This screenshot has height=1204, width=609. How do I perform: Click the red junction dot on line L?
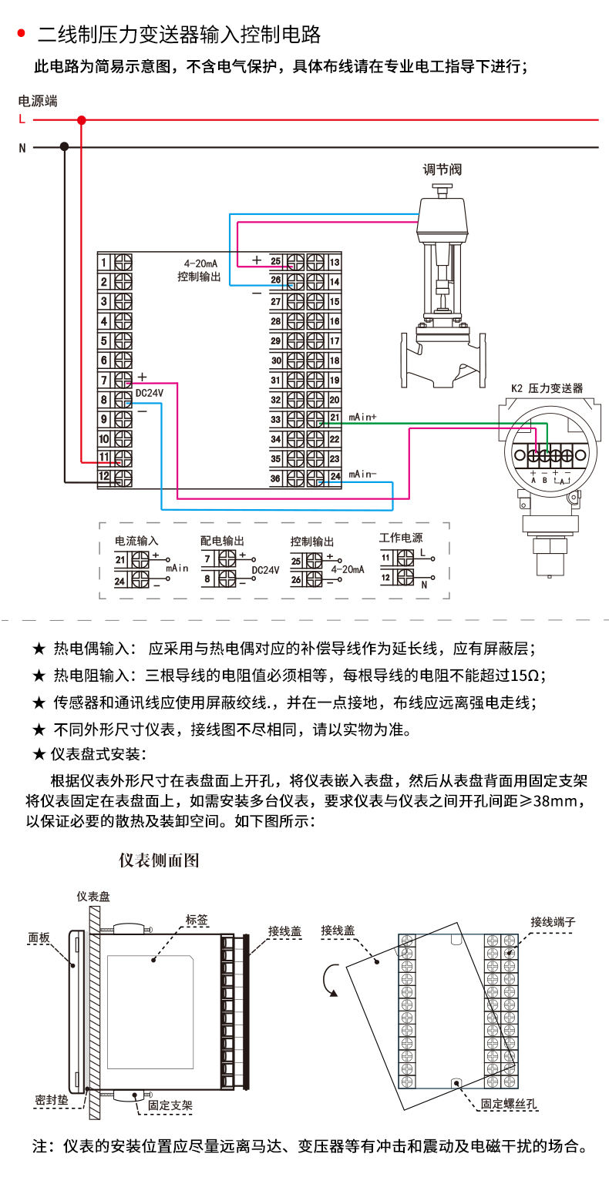[x=81, y=120]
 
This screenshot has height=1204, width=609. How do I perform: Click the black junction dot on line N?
[x=65, y=146]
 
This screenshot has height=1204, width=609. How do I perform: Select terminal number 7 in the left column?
[x=105, y=380]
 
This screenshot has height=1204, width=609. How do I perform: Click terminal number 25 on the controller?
[x=276, y=262]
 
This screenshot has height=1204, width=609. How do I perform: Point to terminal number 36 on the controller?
[x=276, y=478]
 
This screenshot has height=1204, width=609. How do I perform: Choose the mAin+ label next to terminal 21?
[x=362, y=417]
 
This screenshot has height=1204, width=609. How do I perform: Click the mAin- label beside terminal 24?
[x=362, y=475]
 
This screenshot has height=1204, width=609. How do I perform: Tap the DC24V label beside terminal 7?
[x=150, y=393]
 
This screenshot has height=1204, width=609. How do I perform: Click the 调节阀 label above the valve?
[x=441, y=169]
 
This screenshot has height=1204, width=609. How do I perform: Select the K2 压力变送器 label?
[x=547, y=389]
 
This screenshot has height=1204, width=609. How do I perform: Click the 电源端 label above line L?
[x=38, y=101]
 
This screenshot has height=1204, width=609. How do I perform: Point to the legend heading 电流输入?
[x=136, y=541]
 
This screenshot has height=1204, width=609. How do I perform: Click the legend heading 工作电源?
[x=401, y=538]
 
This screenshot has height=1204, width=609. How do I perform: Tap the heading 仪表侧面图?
[x=159, y=860]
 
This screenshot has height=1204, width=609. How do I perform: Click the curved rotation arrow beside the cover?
[x=329, y=981]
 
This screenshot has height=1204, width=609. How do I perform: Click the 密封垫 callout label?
[x=52, y=1099]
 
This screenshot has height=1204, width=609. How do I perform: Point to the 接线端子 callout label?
[x=553, y=922]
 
